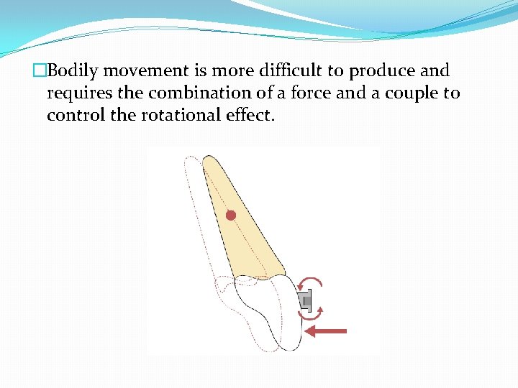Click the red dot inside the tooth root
coord(230,216)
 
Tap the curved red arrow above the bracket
coord(311,283)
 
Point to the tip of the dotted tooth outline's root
coord(190,160)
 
